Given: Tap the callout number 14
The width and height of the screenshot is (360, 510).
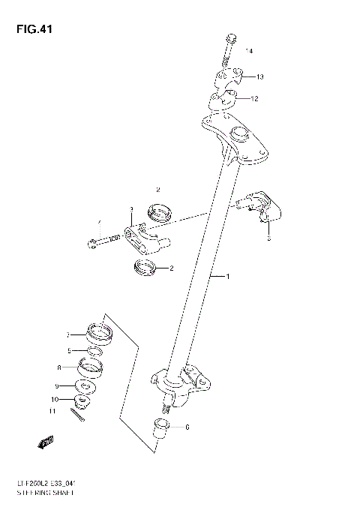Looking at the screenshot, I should [249, 51].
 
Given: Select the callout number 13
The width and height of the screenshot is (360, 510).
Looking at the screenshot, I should [259, 77].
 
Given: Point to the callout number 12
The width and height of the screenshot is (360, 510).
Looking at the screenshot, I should [254, 98].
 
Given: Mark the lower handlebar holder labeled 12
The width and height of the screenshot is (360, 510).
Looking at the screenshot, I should [223, 99].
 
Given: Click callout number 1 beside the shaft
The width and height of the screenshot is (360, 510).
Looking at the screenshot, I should [228, 277].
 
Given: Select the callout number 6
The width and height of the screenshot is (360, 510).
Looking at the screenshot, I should [187, 427].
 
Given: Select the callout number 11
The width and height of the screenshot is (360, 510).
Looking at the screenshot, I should [53, 412].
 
